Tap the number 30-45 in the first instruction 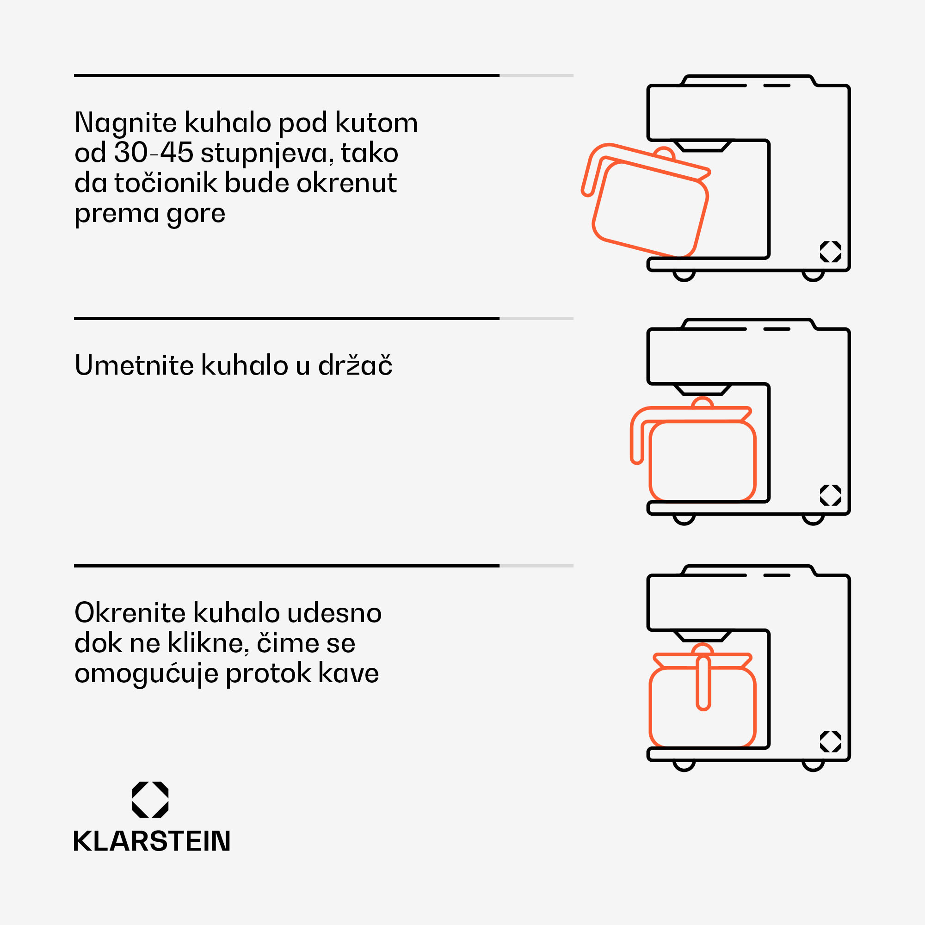(154, 153)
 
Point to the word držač (355, 365)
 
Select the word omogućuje (147, 674)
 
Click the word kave (348, 674)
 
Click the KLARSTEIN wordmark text (152, 841)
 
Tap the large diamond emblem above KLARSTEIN (150, 800)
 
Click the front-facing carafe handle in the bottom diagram (703, 683)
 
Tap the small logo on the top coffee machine (831, 251)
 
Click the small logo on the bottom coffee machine (831, 742)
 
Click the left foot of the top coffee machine (684, 276)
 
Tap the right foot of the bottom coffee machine (813, 766)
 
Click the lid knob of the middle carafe (703, 402)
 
